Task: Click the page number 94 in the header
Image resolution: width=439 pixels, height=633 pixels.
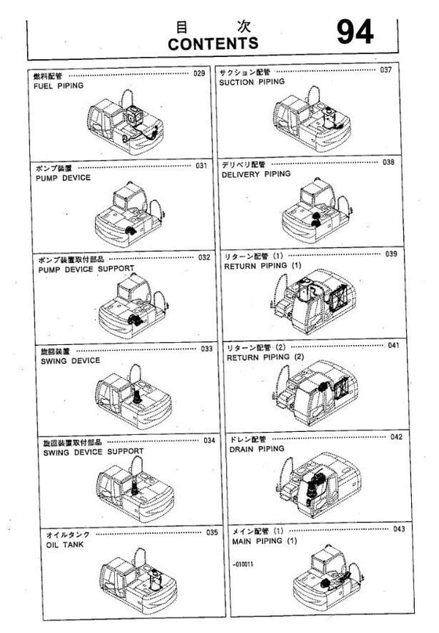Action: click(x=355, y=31)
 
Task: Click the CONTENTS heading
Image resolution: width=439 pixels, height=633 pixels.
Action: click(x=212, y=44)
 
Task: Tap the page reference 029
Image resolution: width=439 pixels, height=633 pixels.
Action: click(x=199, y=74)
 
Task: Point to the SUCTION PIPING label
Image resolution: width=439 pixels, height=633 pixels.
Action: click(x=252, y=82)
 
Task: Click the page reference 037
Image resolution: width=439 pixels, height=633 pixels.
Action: click(x=386, y=70)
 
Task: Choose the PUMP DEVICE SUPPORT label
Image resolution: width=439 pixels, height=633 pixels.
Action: click(x=86, y=269)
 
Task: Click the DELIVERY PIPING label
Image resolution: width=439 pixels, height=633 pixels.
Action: click(x=256, y=174)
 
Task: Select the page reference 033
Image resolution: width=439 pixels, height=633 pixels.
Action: click(x=207, y=349)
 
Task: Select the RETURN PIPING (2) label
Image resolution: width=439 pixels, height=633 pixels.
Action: click(x=264, y=357)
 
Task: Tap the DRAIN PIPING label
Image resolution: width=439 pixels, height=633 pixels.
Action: click(x=256, y=449)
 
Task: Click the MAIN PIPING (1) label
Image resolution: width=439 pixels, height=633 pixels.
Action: click(x=265, y=541)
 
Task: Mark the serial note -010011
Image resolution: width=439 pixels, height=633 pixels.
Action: click(x=241, y=566)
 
